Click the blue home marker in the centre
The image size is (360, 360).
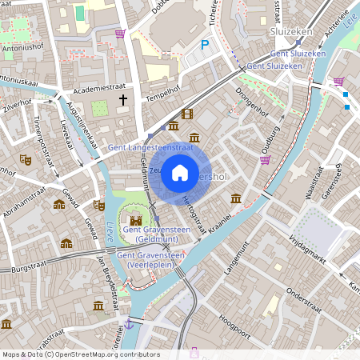tap(180, 173)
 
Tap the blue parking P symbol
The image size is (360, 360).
tap(205, 46)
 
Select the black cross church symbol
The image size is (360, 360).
tap(123, 100)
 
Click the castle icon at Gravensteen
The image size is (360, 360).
tap(136, 218)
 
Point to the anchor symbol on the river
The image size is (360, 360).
tap(128, 323)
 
